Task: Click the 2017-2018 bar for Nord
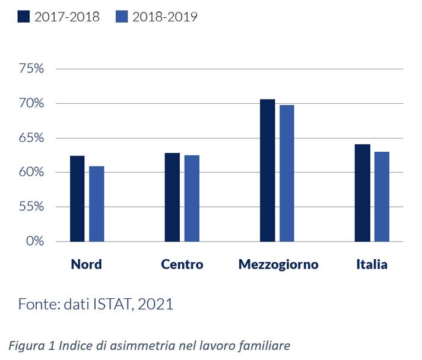(x=77, y=199)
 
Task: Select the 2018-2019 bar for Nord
(x=97, y=204)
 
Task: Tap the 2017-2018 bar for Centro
(x=172, y=197)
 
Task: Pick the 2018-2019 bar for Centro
(x=192, y=199)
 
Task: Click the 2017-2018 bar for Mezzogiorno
(x=268, y=171)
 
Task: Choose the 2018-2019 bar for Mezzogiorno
(x=287, y=173)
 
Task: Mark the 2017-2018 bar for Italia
(x=362, y=193)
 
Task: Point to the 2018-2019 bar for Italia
(x=382, y=197)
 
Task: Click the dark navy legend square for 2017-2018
(x=24, y=16)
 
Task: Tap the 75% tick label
(x=32, y=69)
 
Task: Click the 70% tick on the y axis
(x=32, y=103)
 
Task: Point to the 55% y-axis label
(x=32, y=207)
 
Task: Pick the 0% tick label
(x=35, y=241)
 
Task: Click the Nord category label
(x=86, y=265)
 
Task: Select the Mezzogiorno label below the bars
(x=278, y=265)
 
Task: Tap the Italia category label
(x=372, y=265)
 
